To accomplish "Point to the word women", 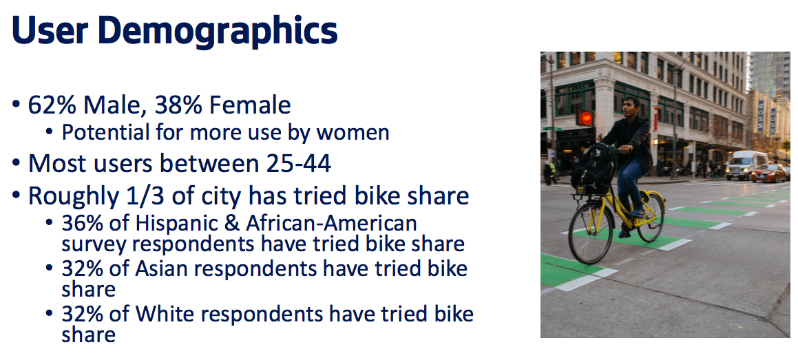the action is pyautogui.click(x=353, y=132).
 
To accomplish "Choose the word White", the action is pyautogui.click(x=163, y=314).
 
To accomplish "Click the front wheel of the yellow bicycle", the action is pyautogui.click(x=591, y=233).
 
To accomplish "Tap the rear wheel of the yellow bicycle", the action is pyautogui.click(x=651, y=217).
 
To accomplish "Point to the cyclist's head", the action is pyautogui.click(x=631, y=107).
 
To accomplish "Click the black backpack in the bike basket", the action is pyautogui.click(x=594, y=169).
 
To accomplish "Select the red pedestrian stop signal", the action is pyautogui.click(x=586, y=118).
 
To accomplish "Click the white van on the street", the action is pyautogui.click(x=746, y=165).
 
